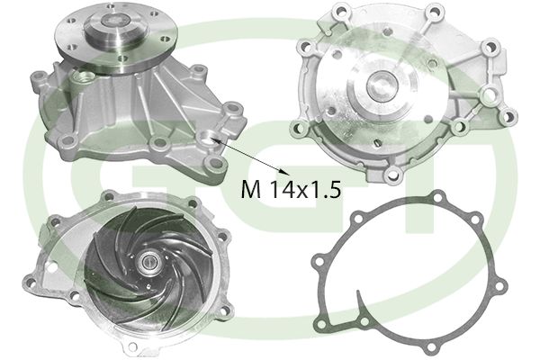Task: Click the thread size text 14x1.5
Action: (x=301, y=190)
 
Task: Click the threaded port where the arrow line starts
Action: (x=211, y=138)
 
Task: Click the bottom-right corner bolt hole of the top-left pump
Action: (x=212, y=164)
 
